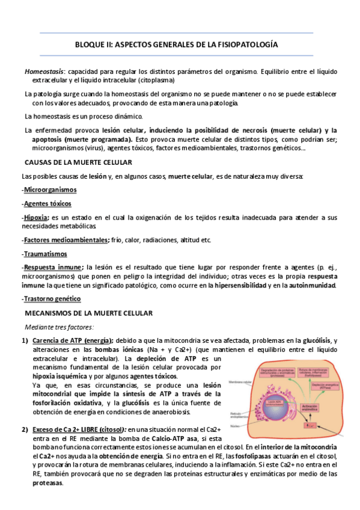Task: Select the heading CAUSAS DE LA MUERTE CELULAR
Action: pos(78,162)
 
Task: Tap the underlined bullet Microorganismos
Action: pos(50,189)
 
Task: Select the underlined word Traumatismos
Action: pos(45,254)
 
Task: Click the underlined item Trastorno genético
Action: pos(52,299)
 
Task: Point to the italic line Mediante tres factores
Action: pos(59,327)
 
